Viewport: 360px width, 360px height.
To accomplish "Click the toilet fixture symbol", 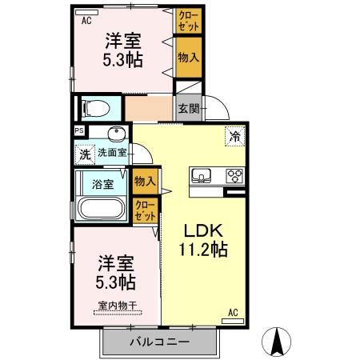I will click(x=97, y=106).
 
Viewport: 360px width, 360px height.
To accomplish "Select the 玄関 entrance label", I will click(x=188, y=109).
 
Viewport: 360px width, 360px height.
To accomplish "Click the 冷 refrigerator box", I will click(x=235, y=135).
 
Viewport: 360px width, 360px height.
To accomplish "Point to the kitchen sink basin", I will click(x=200, y=175).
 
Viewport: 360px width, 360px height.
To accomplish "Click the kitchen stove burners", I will click(x=235, y=175).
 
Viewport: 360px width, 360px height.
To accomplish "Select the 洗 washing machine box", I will click(x=84, y=153).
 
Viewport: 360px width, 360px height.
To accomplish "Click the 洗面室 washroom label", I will click(x=112, y=152).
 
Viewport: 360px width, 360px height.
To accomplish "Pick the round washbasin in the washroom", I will click(x=118, y=134).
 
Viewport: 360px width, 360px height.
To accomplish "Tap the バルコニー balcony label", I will click(x=160, y=342).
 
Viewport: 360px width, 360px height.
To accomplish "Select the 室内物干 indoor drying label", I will click(x=116, y=305).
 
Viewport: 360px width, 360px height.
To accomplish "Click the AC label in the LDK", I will click(x=234, y=312).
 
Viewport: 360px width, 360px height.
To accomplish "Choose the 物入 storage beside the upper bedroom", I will click(x=188, y=58).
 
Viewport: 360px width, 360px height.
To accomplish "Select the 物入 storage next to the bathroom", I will click(x=145, y=182).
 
